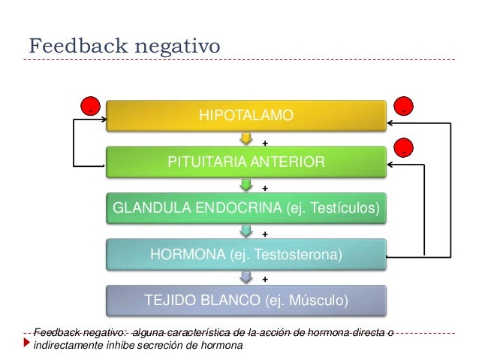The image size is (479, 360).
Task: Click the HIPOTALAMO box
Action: click(x=246, y=116)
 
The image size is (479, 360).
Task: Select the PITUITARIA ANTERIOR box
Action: click(x=246, y=162)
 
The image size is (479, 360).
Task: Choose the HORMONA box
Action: click(x=246, y=255)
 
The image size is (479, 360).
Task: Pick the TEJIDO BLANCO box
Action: click(x=246, y=301)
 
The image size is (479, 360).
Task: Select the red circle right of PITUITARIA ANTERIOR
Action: click(x=404, y=148)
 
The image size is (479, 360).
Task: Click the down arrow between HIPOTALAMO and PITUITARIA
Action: click(x=246, y=139)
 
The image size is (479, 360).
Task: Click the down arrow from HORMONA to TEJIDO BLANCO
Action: click(x=246, y=278)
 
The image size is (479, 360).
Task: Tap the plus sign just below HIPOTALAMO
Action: click(x=264, y=142)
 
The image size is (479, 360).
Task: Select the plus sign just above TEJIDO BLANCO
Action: click(x=264, y=280)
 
